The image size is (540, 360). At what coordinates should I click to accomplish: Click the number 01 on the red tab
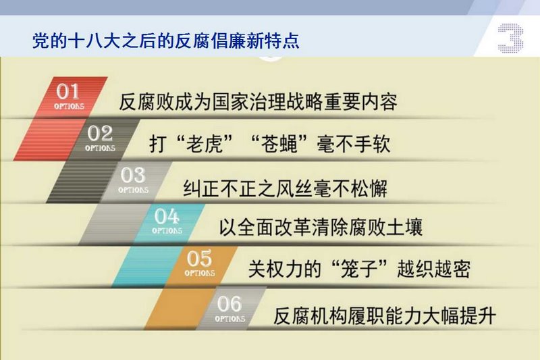(67, 92)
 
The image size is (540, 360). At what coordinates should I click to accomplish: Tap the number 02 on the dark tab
(100, 133)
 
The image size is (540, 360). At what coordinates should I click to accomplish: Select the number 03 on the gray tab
(133, 175)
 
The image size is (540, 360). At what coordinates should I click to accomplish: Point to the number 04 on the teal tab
(167, 216)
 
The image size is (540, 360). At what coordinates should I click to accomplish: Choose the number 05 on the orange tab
(199, 259)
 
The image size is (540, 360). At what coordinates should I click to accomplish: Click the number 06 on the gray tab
(230, 304)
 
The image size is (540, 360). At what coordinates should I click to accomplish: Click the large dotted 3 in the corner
(510, 38)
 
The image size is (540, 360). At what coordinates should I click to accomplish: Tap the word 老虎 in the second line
(205, 144)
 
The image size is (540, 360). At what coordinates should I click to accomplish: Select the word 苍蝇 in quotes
(279, 144)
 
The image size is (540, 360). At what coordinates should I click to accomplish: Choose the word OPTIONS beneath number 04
(167, 230)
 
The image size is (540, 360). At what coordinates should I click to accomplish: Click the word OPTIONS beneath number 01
(69, 106)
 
